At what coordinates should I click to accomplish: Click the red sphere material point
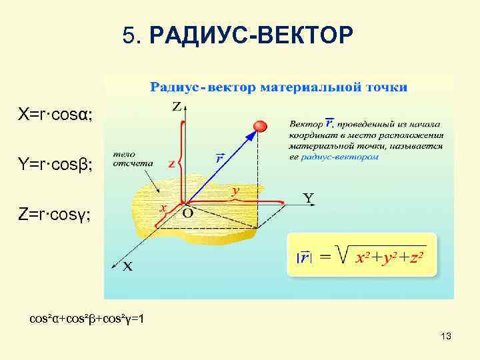click(x=261, y=126)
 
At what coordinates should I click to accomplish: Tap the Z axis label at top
click(x=177, y=107)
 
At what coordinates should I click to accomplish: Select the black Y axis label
click(x=309, y=198)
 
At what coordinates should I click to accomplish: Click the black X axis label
click(x=127, y=267)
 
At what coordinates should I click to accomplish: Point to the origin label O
click(x=187, y=214)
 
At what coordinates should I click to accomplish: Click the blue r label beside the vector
click(x=219, y=159)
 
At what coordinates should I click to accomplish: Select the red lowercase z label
click(x=172, y=164)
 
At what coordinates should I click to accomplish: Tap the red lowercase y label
click(x=235, y=191)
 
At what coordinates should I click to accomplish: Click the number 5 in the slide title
click(x=129, y=35)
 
